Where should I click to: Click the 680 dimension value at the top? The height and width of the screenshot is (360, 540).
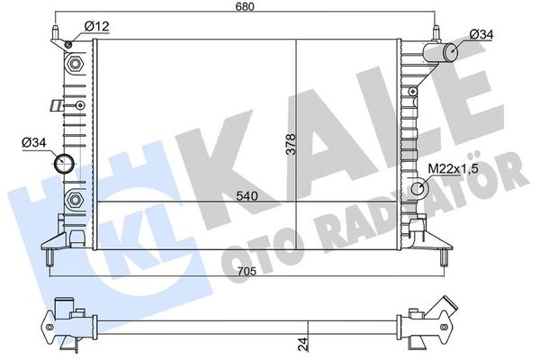pyautogui.click(x=245, y=6)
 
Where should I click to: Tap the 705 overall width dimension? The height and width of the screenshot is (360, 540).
pyautogui.click(x=247, y=272)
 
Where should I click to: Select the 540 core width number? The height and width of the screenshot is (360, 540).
pyautogui.click(x=247, y=196)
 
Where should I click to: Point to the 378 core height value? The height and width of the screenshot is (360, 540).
pyautogui.click(x=291, y=144)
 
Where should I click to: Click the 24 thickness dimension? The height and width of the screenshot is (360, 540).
pyautogui.click(x=302, y=344)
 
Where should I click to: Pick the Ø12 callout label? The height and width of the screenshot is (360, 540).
pyautogui.click(x=97, y=26)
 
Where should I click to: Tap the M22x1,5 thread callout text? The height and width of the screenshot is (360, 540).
pyautogui.click(x=454, y=169)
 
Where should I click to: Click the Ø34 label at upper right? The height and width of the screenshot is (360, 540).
pyautogui.click(x=481, y=34)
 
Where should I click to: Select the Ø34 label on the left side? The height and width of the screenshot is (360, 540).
pyautogui.click(x=34, y=142)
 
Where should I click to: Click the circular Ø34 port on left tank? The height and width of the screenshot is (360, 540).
pyautogui.click(x=65, y=164)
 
